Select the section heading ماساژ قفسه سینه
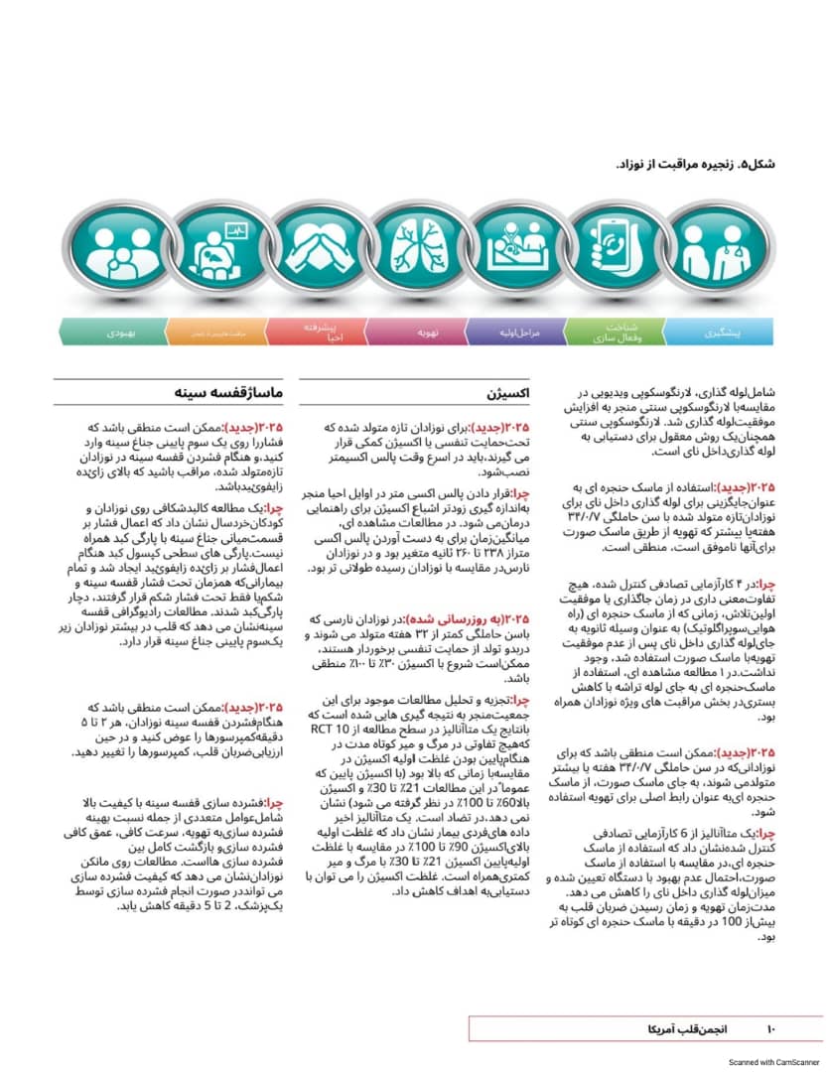pyautogui.click(x=234, y=394)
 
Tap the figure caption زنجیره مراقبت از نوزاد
pyautogui.click(x=696, y=164)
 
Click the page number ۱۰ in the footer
pyautogui.click(x=775, y=1028)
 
